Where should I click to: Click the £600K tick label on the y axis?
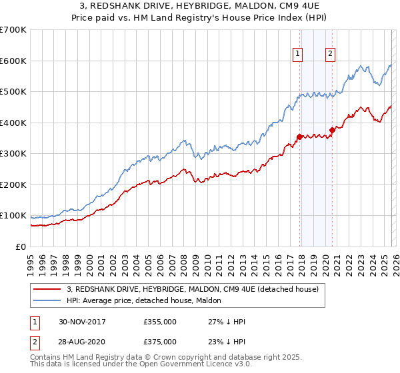coord(13,61)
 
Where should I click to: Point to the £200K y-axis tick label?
coord(13,185)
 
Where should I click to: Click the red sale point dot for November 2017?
coord(299,137)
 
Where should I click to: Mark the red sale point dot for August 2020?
coord(332,131)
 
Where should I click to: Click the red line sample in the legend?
coord(47,289)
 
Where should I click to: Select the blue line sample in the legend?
coord(47,300)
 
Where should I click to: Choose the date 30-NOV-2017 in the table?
coord(82,322)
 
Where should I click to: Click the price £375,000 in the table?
coord(160,341)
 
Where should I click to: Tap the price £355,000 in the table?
coord(160,322)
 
